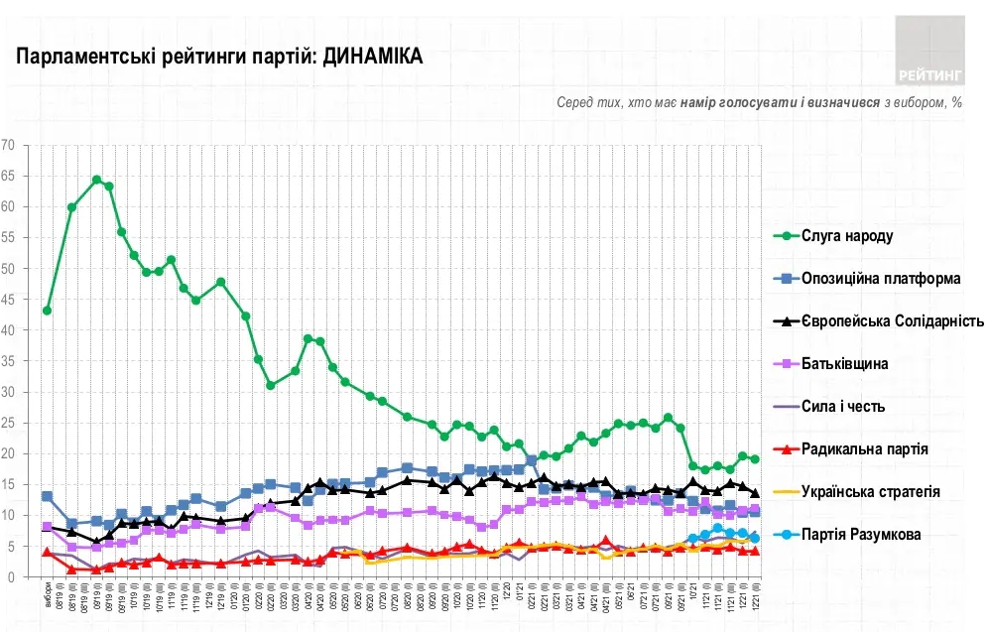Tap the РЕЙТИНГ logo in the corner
click(x=929, y=51)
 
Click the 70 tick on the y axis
click(x=9, y=145)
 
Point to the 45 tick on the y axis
click(x=9, y=299)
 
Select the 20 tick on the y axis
click(x=9, y=453)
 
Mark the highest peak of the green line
click(x=96, y=180)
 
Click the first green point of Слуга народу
click(x=47, y=311)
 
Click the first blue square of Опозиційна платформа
click(x=47, y=496)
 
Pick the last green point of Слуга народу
click(x=755, y=458)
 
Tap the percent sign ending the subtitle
click(x=957, y=102)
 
